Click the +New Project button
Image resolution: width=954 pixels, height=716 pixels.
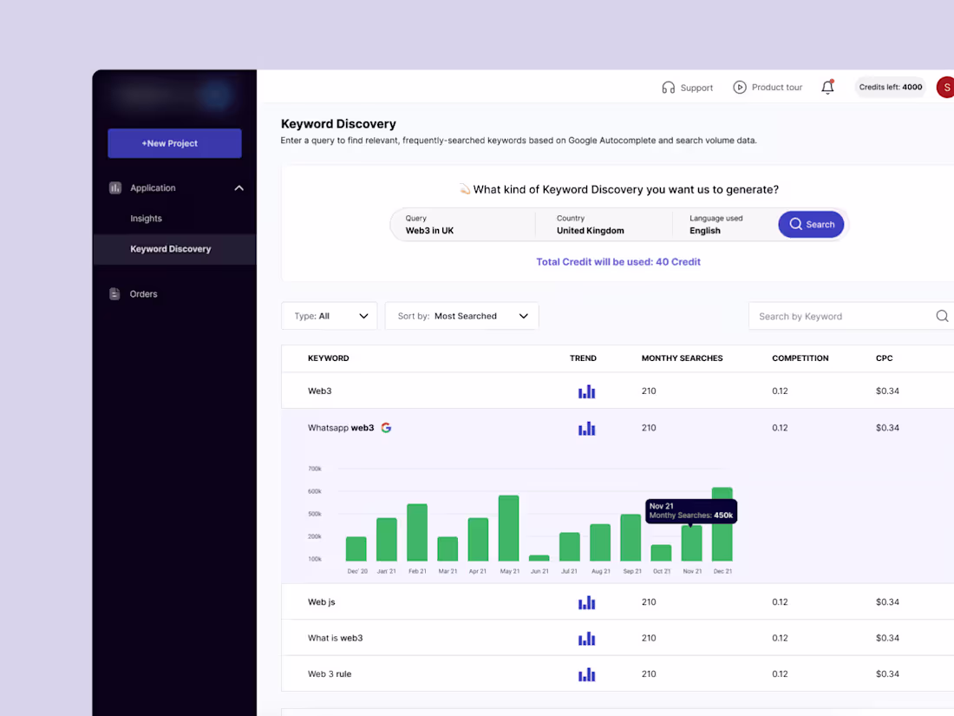pyautogui.click(x=174, y=143)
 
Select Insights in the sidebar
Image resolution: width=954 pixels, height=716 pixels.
pyautogui.click(x=146, y=219)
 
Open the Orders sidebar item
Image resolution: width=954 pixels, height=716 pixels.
pyautogui.click(x=143, y=294)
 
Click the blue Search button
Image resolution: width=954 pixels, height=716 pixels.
pyautogui.click(x=811, y=224)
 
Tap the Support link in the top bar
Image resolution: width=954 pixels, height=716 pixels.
pyautogui.click(x=687, y=88)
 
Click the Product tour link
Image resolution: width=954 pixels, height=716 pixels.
pyautogui.click(x=768, y=88)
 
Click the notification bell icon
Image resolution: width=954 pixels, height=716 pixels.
pyautogui.click(x=827, y=87)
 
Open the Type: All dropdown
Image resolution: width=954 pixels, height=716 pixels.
pyautogui.click(x=330, y=316)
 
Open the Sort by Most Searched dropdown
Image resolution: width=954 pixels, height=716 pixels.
pyautogui.click(x=461, y=316)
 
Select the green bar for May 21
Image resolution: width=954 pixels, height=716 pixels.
pyautogui.click(x=509, y=529)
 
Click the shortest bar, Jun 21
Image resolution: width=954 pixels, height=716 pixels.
pyautogui.click(x=539, y=558)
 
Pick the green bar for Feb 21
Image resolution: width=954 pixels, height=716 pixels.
pyautogui.click(x=417, y=532)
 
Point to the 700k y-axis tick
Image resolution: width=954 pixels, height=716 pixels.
pyautogui.click(x=315, y=469)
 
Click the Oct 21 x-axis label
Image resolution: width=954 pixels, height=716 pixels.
pyautogui.click(x=662, y=571)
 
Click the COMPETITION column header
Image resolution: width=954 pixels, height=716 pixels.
pyautogui.click(x=800, y=358)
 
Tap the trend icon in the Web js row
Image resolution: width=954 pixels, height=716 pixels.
pyautogui.click(x=587, y=602)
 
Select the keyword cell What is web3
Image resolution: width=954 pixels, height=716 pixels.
pyautogui.click(x=335, y=638)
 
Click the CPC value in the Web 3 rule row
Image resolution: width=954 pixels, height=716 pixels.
pyautogui.click(x=887, y=674)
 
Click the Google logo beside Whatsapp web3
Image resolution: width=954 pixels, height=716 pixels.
pyautogui.click(x=386, y=428)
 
